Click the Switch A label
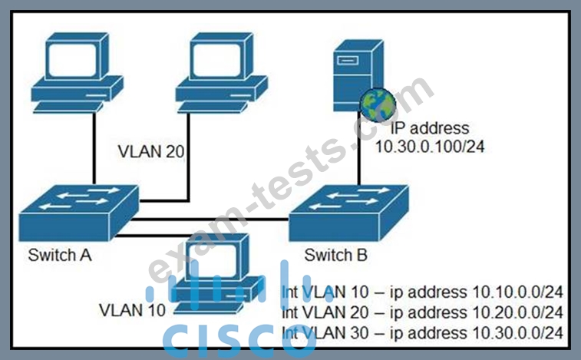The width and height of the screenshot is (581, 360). coord(60,255)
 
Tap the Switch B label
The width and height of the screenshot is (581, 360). coord(335,255)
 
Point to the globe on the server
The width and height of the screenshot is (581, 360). coord(378,105)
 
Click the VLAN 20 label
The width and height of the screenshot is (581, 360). coord(151,152)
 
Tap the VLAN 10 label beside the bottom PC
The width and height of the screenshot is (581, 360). coord(132,310)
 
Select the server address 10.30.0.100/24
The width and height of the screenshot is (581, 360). coord(430,147)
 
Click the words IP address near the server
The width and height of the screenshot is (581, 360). coord(430,128)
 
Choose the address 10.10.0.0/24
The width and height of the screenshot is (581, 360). coord(517,292)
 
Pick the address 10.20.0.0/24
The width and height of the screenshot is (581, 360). coord(517,312)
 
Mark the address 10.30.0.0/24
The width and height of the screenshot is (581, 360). coord(517,332)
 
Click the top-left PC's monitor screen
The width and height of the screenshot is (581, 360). coord(74,59)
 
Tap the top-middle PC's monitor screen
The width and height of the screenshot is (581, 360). coord(217,59)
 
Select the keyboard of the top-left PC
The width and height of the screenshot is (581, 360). coord(68,107)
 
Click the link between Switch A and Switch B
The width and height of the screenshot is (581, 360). coord(210,220)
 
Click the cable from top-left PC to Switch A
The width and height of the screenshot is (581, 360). coord(94,148)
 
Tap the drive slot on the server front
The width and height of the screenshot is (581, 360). coord(348,60)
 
